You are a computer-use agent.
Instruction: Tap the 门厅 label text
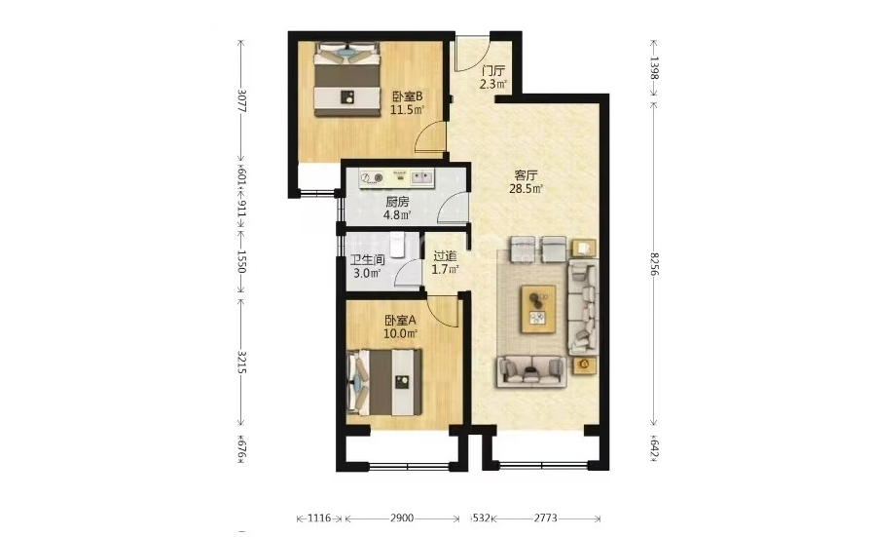493,71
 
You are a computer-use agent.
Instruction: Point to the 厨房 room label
397,202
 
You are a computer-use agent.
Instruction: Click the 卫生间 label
368,260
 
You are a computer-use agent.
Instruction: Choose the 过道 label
445,256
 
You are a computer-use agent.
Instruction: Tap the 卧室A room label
400,321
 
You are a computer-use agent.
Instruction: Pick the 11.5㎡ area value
407,110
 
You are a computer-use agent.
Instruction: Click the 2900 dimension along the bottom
402,518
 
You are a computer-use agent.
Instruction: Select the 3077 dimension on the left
240,100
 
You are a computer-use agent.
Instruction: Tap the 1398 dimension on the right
654,68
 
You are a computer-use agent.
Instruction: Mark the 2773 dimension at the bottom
546,518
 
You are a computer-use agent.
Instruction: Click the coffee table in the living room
538,309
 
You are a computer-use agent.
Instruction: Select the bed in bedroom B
347,80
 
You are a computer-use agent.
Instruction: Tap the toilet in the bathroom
398,245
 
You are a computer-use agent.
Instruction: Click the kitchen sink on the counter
422,177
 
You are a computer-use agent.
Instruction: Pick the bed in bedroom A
383,382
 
